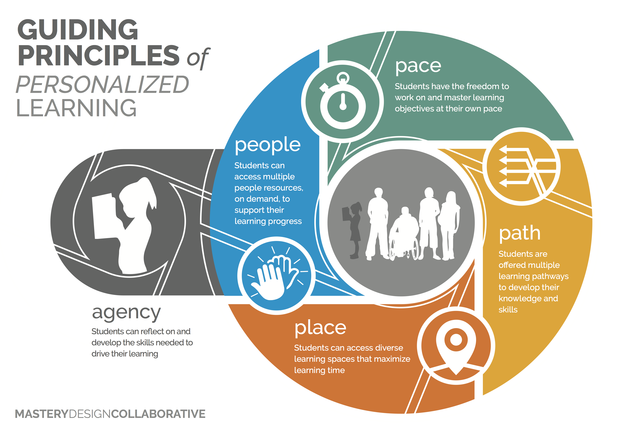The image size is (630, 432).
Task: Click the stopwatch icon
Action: (x=343, y=102)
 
